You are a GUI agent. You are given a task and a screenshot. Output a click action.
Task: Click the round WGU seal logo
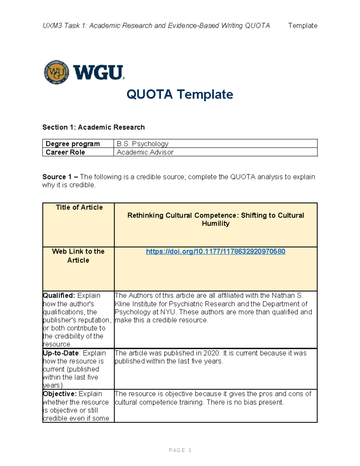pyautogui.click(x=56, y=72)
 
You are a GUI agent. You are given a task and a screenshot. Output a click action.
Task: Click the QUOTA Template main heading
pyautogui.click(x=180, y=94)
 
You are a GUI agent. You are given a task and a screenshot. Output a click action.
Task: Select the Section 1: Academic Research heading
pyautogui.click(x=93, y=127)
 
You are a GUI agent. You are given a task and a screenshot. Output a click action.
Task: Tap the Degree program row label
pyautogui.click(x=73, y=144)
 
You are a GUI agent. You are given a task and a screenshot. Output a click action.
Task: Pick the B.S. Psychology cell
pyautogui.click(x=142, y=144)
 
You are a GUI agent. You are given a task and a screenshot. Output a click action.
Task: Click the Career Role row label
pyautogui.click(x=65, y=152)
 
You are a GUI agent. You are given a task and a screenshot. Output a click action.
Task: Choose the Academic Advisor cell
pyautogui.click(x=145, y=152)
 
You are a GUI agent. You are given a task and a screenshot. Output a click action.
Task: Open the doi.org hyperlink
pyautogui.click(x=215, y=251)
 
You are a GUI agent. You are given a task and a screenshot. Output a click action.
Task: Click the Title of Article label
pyautogui.click(x=79, y=207)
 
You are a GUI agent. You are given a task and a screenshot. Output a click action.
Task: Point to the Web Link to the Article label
pyautogui.click(x=78, y=256)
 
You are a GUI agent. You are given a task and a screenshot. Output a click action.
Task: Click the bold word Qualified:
pyautogui.click(x=59, y=296)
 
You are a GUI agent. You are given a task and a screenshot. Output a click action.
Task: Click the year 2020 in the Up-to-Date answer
pyautogui.click(x=211, y=353)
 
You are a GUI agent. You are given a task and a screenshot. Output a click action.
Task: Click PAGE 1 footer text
pyautogui.click(x=180, y=450)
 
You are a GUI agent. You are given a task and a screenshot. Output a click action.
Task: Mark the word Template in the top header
pyautogui.click(x=303, y=26)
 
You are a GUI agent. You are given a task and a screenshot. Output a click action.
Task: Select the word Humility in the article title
pyautogui.click(x=215, y=224)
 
